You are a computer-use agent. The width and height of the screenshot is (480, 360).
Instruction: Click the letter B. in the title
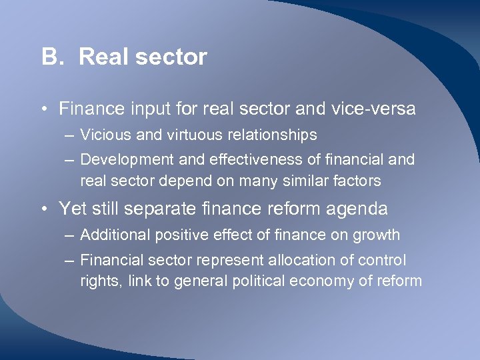(x=52, y=57)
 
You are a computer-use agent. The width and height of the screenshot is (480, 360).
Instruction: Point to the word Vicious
(x=102, y=135)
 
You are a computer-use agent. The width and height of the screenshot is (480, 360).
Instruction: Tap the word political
(x=257, y=281)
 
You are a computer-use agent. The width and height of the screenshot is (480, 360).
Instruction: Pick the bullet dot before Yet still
(x=44, y=209)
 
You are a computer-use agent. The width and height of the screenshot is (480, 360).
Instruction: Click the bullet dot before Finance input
(x=44, y=109)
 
